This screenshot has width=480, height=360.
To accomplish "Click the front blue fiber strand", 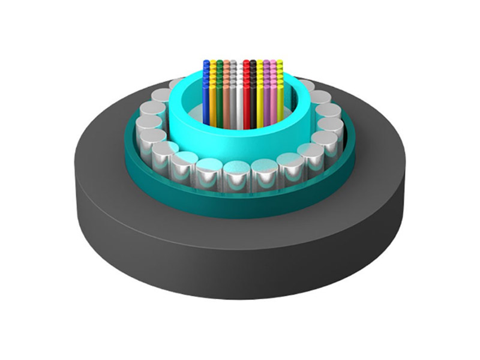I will click(206, 102).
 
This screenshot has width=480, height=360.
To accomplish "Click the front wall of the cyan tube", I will click(240, 144).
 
